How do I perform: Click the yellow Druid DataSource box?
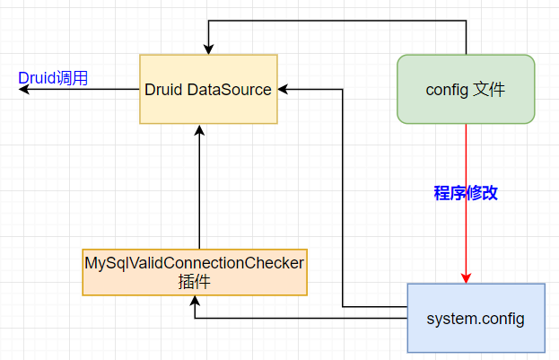(208, 89)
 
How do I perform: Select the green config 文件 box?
(466, 89)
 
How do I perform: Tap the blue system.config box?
(476, 319)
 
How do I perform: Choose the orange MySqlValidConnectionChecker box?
(195, 272)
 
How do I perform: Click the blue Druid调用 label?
(53, 78)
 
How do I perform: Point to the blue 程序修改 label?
(466, 193)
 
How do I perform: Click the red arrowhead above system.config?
(466, 278)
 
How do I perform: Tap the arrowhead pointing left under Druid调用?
(24, 89)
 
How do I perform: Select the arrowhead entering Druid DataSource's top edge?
(208, 49)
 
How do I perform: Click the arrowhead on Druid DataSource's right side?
(283, 89)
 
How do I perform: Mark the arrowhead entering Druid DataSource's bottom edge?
(199, 130)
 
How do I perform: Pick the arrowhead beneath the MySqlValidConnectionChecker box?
(195, 301)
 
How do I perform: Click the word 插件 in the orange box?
(195, 282)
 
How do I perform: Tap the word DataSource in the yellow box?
(229, 90)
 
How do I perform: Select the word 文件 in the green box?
(490, 89)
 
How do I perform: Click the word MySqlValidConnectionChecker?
(195, 263)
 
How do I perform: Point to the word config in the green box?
(447, 90)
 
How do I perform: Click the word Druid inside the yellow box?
(163, 90)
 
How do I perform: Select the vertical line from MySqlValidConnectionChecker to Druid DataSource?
(199, 187)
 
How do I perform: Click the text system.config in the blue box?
(476, 319)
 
